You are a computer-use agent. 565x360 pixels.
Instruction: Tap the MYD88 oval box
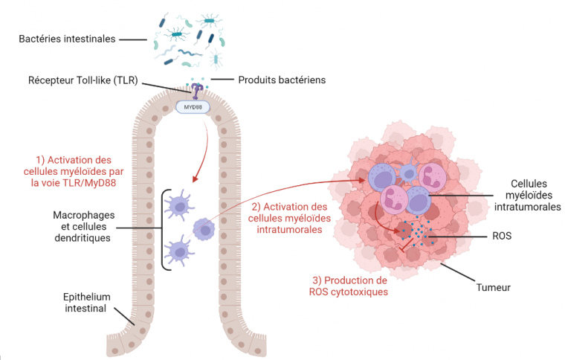coord(193,107)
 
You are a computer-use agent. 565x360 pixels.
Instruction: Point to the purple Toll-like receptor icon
coord(197,91)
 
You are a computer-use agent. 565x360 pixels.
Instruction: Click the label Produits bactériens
coord(282,80)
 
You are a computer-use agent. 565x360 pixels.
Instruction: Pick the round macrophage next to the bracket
coord(203,228)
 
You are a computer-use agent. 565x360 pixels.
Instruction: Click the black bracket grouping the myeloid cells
coord(163,229)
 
